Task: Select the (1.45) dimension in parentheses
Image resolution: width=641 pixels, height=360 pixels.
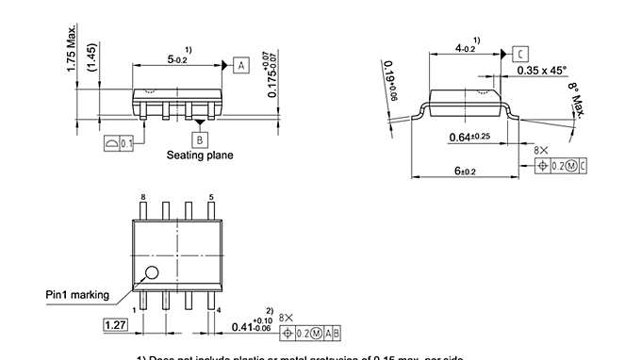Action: (x=91, y=61)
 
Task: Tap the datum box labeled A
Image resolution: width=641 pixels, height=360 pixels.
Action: (x=240, y=65)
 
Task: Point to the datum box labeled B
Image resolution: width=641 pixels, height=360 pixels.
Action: (x=198, y=138)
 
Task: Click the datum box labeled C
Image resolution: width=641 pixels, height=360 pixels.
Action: (x=520, y=56)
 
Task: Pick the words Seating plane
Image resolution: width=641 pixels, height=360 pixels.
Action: (x=200, y=155)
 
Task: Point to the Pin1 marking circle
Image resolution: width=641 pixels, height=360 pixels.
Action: (x=151, y=274)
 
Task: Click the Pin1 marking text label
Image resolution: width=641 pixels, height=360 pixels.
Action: (x=77, y=294)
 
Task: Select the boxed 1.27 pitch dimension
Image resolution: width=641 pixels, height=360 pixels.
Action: (x=115, y=325)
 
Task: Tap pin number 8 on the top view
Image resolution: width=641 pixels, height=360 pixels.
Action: (x=142, y=197)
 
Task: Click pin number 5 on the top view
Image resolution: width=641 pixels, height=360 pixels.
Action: (x=211, y=197)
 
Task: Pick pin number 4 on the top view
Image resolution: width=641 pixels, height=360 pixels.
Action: (x=219, y=309)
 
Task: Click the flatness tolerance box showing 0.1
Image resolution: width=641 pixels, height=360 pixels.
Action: (x=120, y=142)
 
